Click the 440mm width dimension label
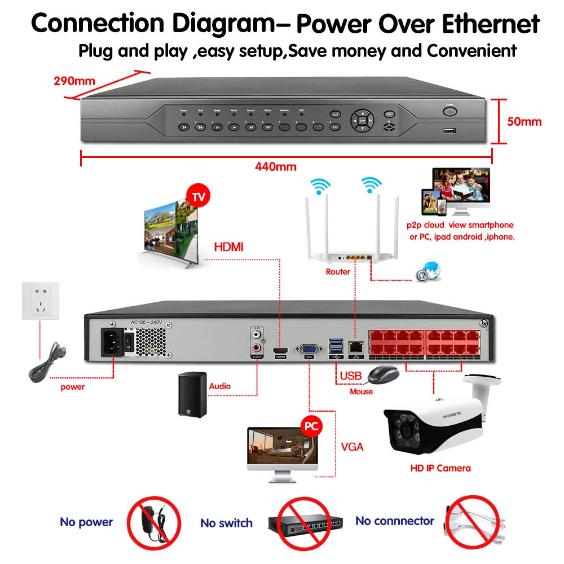[x=275, y=166]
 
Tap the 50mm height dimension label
[x=524, y=121]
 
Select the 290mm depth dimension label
[x=74, y=80]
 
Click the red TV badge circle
[x=198, y=198]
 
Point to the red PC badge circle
[x=310, y=426]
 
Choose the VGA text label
[x=352, y=447]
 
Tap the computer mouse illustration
[x=382, y=374]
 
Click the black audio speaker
[x=190, y=394]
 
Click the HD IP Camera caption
[x=440, y=468]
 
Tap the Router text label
[x=338, y=272]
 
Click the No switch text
[x=227, y=523]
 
